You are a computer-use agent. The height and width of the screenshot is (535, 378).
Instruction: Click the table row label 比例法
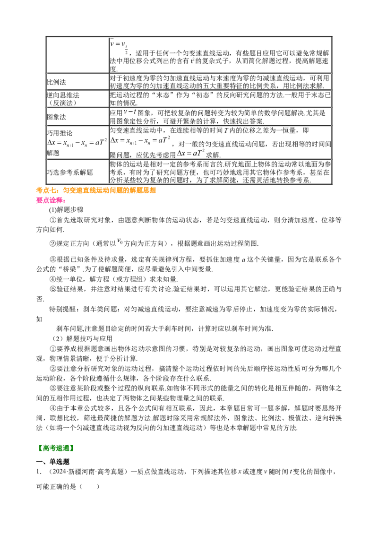click(56, 82)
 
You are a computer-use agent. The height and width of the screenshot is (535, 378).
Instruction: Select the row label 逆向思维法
click(63, 95)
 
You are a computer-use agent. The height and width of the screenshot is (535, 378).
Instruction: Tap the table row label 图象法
click(56, 117)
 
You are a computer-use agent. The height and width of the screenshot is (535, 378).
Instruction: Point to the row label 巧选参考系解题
click(70, 173)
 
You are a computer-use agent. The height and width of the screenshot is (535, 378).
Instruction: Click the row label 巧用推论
click(60, 133)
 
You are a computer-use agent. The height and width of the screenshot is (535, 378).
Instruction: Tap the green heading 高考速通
click(55, 448)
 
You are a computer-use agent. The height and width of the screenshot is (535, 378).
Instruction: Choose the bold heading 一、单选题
click(53, 462)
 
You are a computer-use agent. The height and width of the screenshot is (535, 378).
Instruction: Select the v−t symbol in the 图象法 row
click(130, 112)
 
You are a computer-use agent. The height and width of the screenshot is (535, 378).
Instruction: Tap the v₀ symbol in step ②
click(120, 242)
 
